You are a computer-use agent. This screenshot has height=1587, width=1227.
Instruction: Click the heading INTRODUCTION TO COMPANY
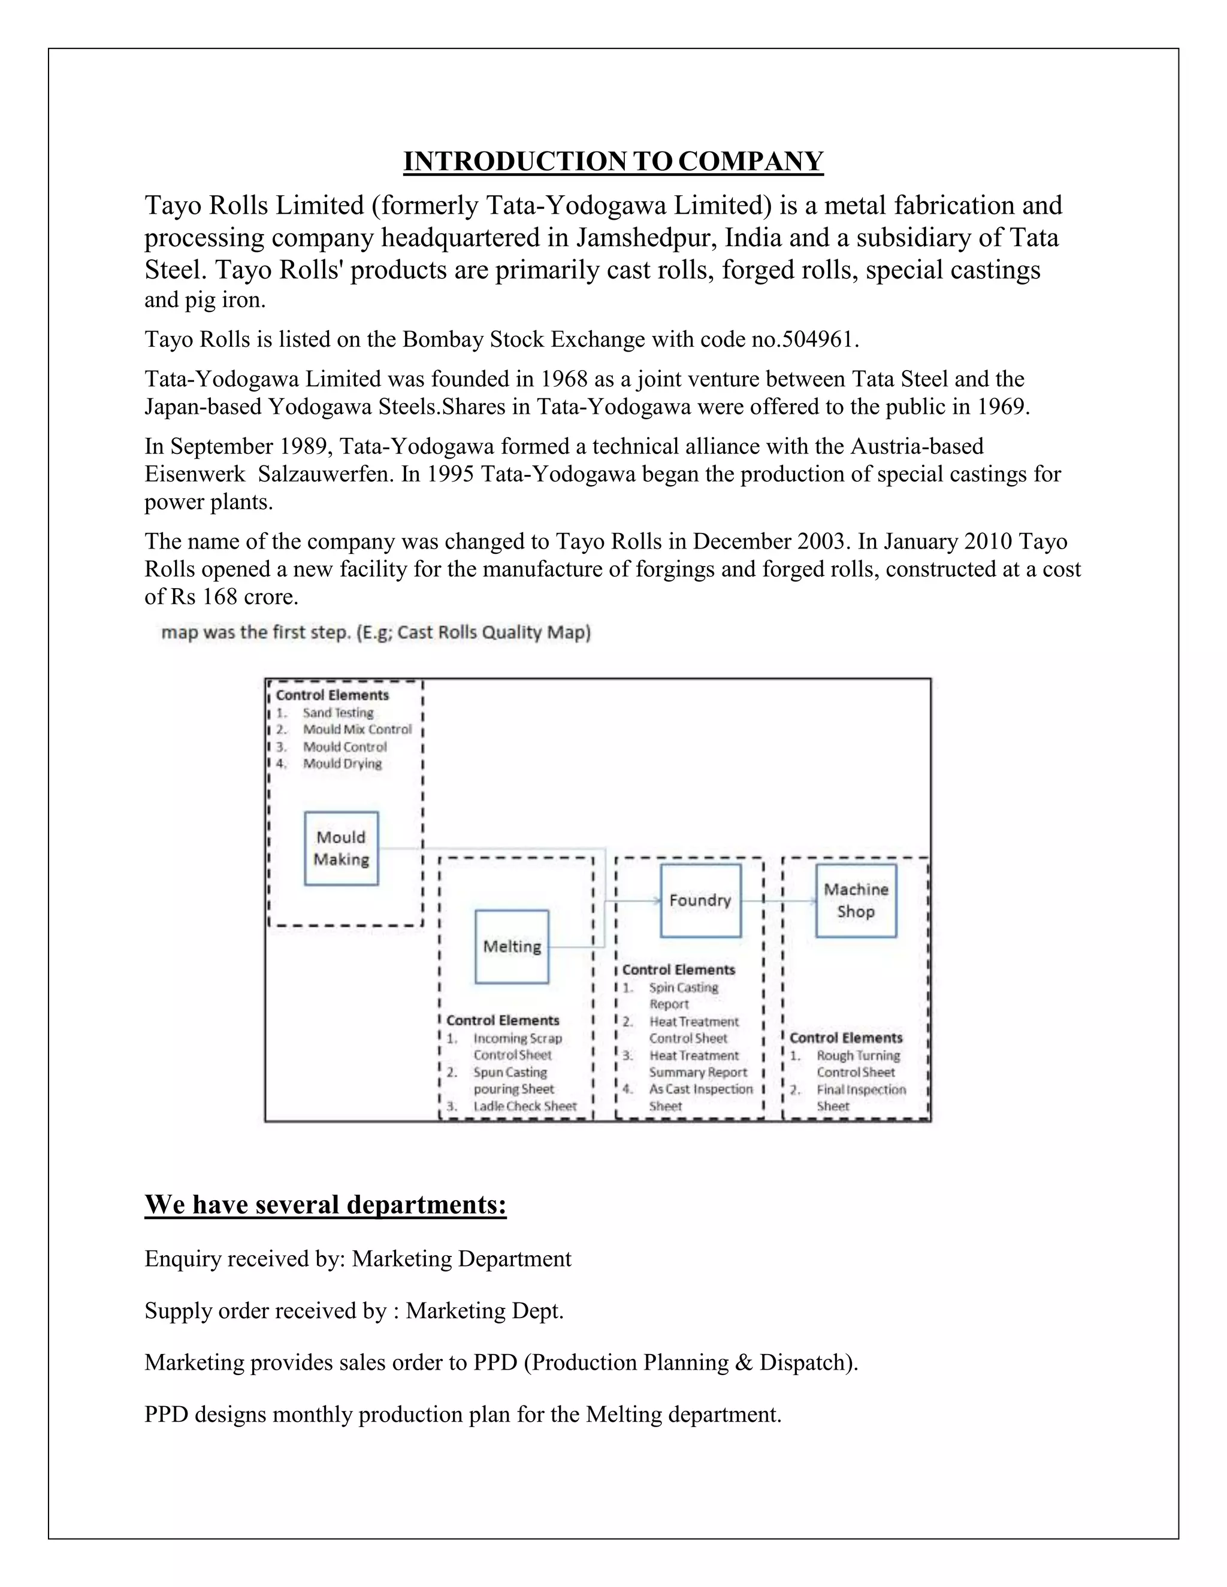[x=613, y=161]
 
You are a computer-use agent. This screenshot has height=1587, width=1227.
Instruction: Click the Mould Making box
[x=341, y=848]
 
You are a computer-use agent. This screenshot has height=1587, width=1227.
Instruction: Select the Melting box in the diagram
[x=512, y=946]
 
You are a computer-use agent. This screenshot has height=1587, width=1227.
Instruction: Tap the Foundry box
[x=700, y=900]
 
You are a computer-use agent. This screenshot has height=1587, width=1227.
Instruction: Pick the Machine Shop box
[x=856, y=900]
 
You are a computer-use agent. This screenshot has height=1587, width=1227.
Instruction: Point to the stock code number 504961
[x=818, y=340]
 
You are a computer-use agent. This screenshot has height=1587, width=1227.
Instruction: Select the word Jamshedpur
[x=644, y=238]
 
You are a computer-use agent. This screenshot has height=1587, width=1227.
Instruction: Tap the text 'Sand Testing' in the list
[x=338, y=713]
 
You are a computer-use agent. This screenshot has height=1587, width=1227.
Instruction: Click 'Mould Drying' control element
[x=341, y=764]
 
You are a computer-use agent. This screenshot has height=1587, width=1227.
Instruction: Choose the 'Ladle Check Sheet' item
[x=525, y=1106]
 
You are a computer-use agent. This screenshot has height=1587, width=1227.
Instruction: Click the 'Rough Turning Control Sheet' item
[x=858, y=1064]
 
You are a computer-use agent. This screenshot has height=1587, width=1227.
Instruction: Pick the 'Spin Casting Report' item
[x=682, y=995]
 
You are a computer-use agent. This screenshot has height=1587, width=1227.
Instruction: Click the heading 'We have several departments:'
[x=325, y=1205]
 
